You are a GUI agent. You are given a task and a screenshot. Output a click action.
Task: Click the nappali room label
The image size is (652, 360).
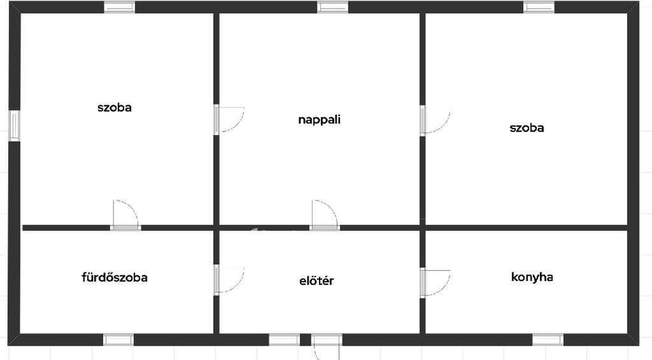[320, 120]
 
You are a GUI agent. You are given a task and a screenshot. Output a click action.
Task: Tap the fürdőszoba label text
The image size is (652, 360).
[115, 277]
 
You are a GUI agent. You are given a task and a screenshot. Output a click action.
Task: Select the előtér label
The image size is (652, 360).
[316, 281]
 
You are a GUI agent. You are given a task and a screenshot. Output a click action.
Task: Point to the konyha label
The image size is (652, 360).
[532, 277]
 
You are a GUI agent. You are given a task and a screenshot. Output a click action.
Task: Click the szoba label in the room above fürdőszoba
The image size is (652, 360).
[115, 108]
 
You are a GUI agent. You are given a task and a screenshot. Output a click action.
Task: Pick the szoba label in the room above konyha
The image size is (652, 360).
[527, 127]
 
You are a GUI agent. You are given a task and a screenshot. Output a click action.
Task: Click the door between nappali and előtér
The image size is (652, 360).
[324, 215]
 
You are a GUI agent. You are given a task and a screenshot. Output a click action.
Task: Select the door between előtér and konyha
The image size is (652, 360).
[435, 283]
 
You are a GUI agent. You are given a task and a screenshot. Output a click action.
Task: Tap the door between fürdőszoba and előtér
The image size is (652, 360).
[229, 280]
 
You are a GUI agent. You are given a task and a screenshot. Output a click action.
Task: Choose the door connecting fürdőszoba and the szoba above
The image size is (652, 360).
[125, 215]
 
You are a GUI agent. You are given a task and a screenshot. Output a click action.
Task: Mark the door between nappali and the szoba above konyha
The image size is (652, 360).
[435, 120]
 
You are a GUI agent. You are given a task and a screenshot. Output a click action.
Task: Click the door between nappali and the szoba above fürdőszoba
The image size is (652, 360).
[229, 119]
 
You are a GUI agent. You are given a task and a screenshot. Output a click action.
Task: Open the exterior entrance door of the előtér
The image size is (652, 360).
[327, 346]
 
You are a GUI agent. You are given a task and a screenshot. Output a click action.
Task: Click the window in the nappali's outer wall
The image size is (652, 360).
[332, 7]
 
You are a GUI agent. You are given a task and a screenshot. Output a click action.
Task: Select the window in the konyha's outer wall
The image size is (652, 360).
[548, 340]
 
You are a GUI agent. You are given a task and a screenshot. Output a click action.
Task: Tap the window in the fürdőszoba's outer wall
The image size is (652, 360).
[118, 340]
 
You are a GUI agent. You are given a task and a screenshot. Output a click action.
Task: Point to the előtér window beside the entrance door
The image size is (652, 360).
[284, 340]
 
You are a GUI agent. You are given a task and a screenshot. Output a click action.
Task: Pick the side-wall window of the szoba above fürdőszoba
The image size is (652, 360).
[14, 126]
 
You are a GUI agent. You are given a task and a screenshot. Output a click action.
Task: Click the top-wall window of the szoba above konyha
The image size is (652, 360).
[539, 7]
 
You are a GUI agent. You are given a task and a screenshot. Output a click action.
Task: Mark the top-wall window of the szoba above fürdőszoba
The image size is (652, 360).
[119, 7]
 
